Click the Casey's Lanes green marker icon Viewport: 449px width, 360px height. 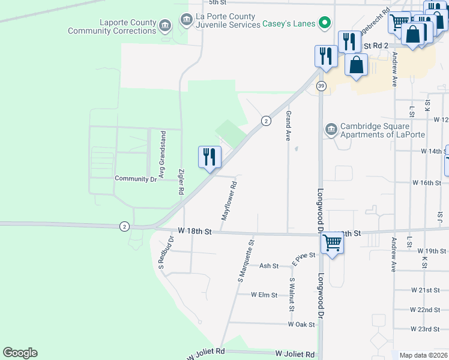pyautogui.click(x=325, y=24)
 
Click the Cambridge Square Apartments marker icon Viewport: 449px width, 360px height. pyautogui.click(x=331, y=129)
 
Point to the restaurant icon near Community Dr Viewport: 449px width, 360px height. pyautogui.click(x=209, y=158)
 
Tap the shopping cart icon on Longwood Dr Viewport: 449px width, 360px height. pyautogui.click(x=332, y=244)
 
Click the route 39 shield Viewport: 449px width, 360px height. pyautogui.click(x=321, y=86)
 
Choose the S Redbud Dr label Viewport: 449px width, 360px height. pyautogui.click(x=166, y=252)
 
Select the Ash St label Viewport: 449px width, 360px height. pyautogui.click(x=269, y=266)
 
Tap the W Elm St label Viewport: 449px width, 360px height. pyautogui.click(x=264, y=295)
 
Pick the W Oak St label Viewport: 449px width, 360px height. pyautogui.click(x=301, y=325)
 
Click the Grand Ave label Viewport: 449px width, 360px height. pyautogui.click(x=288, y=125)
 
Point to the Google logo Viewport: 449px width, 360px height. pyautogui.click(x=20, y=353)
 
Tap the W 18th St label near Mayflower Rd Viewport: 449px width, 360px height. pyautogui.click(x=195, y=231)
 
